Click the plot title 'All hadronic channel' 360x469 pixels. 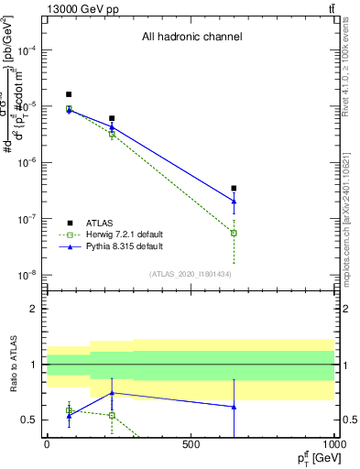coord(191,38)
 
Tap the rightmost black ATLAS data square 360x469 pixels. coord(235,188)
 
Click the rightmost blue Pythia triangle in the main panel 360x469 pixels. coord(235,201)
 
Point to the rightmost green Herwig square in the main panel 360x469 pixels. coord(235,233)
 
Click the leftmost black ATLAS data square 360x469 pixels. coord(69,94)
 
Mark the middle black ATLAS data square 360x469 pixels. coord(112,118)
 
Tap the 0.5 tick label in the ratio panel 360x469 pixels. coord(30,420)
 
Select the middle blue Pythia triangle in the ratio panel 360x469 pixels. coord(112,392)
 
